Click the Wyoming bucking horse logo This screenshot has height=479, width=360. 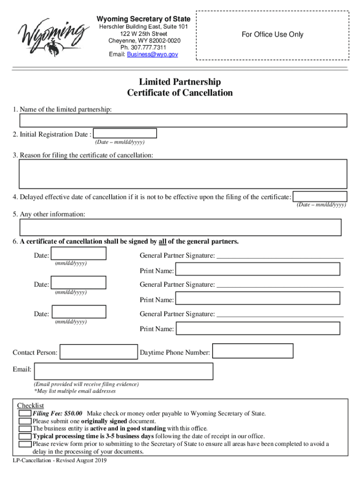(54, 36)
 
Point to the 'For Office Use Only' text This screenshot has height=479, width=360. (272, 34)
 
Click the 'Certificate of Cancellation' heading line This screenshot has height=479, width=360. (180, 93)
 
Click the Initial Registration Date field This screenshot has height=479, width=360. (125, 134)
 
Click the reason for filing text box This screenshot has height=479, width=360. (183, 173)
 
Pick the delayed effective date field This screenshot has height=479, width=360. (320, 196)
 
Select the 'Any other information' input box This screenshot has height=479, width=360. (180, 227)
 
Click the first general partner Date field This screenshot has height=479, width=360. (79, 254)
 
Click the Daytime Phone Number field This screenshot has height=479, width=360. (253, 351)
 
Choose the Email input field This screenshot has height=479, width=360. (123, 371)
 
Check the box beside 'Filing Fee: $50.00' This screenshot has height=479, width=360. (25, 414)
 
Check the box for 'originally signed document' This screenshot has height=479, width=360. (25, 421)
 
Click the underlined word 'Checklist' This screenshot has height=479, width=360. (30, 405)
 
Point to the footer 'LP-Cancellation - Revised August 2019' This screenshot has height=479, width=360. (60, 461)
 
